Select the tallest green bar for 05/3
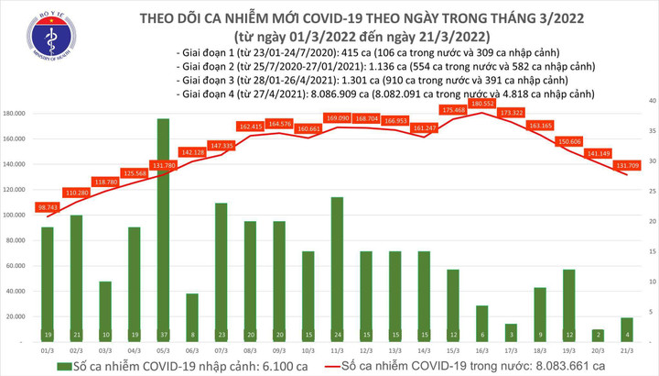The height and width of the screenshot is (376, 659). click(163, 229)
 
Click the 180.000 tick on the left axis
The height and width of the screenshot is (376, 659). click(18, 115)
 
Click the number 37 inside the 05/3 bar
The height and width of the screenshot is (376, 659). click(163, 336)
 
